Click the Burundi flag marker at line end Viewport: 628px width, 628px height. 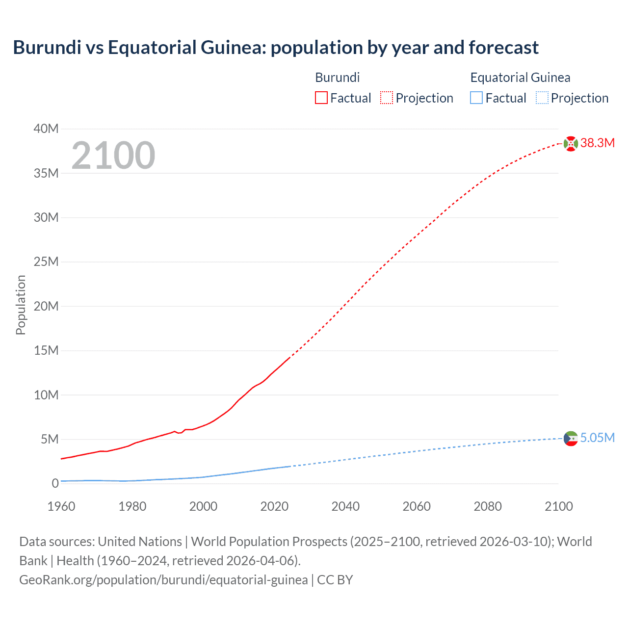pos(571,144)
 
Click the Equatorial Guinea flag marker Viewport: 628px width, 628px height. pos(571,438)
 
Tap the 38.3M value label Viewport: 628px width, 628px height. pos(597,143)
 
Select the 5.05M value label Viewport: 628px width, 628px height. pos(597,438)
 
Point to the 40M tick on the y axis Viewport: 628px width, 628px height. pos(46,129)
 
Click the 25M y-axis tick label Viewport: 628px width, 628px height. pos(46,262)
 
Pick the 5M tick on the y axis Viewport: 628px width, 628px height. pos(49,439)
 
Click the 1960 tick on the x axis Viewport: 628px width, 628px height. pos(61,506)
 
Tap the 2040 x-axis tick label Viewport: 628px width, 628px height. pos(345,506)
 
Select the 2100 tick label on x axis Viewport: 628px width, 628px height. pos(558,506)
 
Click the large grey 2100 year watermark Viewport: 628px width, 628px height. pos(113,156)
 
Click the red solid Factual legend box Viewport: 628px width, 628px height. pos(321,98)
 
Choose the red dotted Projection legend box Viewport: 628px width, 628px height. pos(387,98)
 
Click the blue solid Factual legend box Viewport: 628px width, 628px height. pos(476,98)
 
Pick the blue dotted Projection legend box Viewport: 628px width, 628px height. pos(542,98)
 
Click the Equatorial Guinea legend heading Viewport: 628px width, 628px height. pos(520,78)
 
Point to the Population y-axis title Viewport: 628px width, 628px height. pos(21,305)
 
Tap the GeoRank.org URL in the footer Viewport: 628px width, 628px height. pos(163,580)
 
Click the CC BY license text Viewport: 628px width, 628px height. pos(335,580)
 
